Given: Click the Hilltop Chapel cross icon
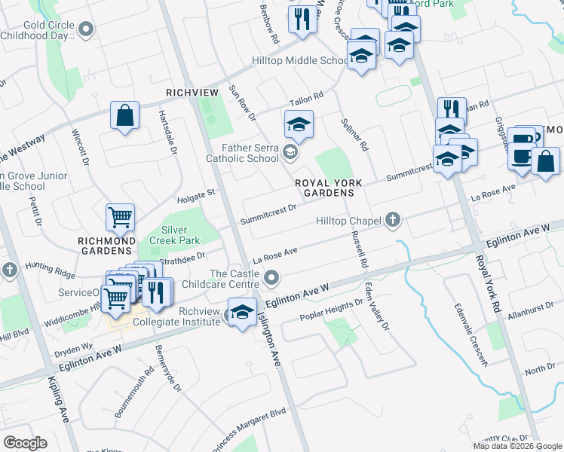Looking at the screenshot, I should click(392, 220).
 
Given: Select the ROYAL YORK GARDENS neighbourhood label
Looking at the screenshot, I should click(329, 188).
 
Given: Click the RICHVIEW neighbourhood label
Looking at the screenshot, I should click(192, 92).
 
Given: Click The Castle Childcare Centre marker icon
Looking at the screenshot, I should click(271, 280).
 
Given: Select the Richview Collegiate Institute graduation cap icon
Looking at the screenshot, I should click(241, 311).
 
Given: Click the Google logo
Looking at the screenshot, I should click(26, 442).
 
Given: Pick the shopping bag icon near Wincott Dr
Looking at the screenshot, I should click(124, 116).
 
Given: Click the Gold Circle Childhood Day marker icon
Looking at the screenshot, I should click(86, 30).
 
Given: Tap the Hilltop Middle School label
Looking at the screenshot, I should click(300, 61).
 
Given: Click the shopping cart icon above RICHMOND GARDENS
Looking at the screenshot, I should click(120, 218).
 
